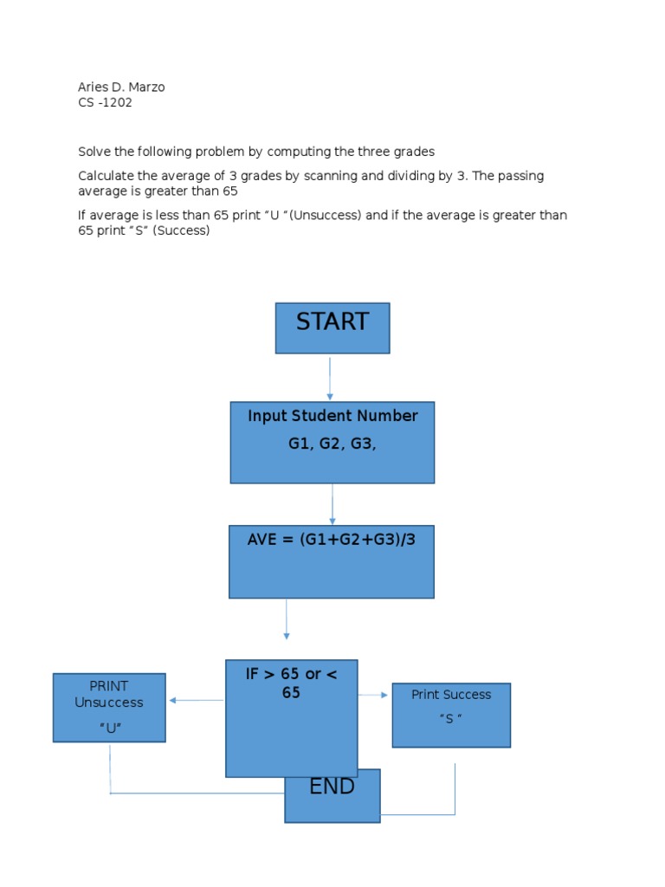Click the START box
click(332, 327)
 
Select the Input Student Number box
click(332, 442)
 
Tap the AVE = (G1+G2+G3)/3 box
click(332, 561)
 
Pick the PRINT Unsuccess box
click(109, 708)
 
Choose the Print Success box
click(451, 715)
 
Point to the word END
click(332, 787)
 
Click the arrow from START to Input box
click(330, 378)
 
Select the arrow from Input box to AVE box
click(332, 504)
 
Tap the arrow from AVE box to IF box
click(287, 619)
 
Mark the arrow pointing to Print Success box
click(374, 695)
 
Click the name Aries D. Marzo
click(121, 87)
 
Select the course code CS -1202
click(105, 102)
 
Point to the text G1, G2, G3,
click(332, 443)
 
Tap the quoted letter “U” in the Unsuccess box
click(109, 728)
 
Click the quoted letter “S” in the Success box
click(450, 718)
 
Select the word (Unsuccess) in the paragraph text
click(325, 215)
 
